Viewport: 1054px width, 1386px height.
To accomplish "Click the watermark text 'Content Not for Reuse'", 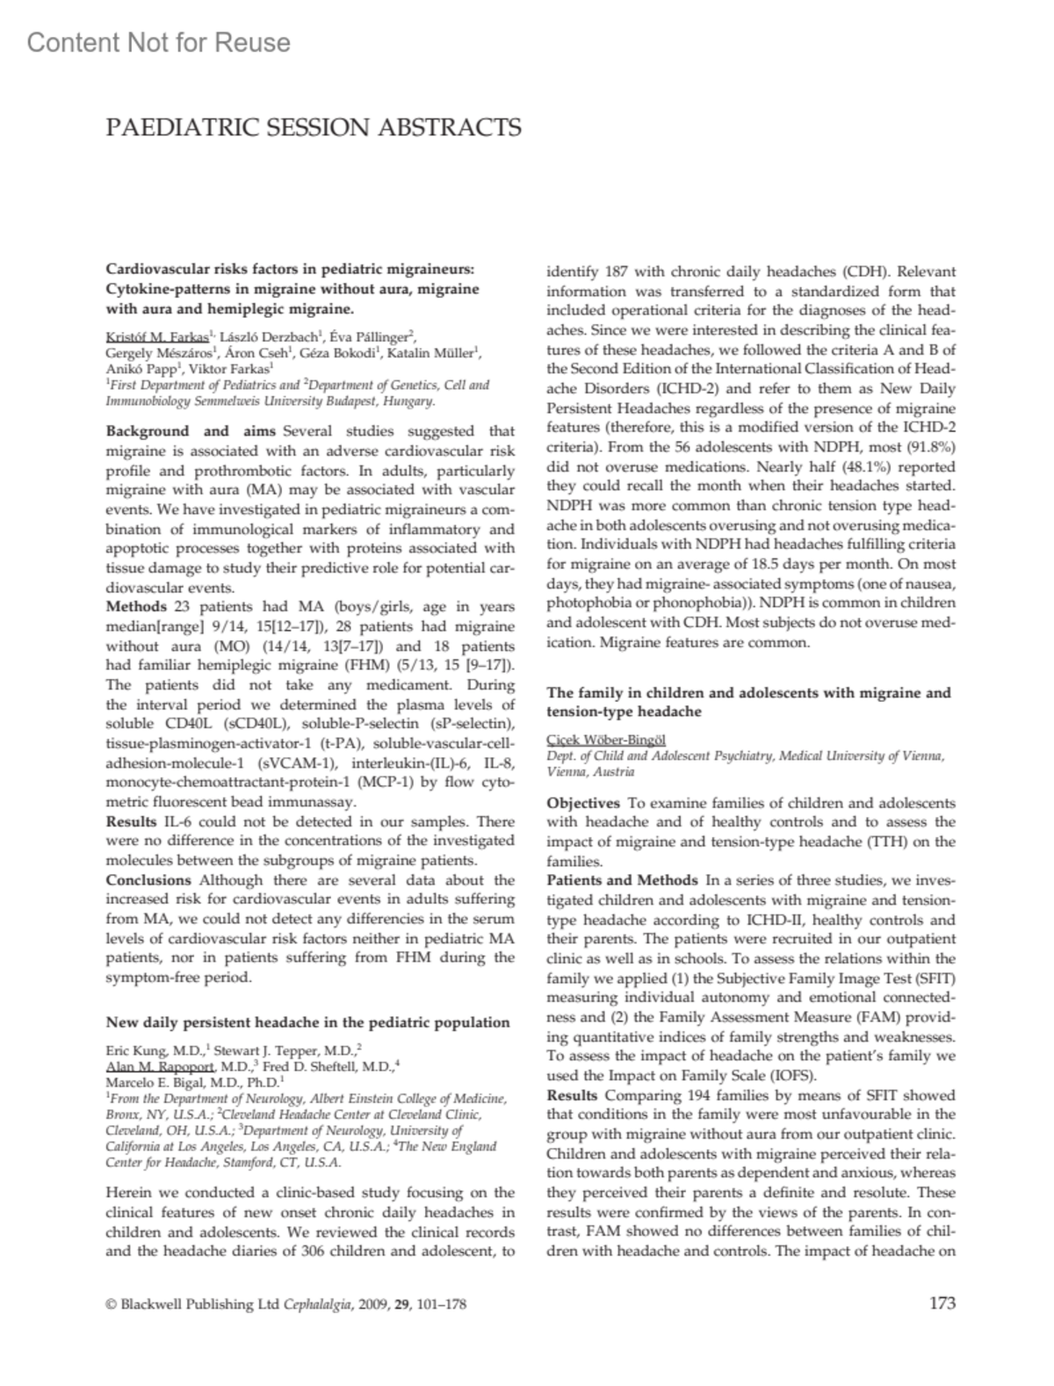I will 159,42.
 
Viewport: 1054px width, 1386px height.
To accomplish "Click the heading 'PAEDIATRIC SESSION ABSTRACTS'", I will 314,128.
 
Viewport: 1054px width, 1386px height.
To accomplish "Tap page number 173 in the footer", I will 942,1303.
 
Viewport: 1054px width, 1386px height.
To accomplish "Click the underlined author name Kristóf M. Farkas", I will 157,336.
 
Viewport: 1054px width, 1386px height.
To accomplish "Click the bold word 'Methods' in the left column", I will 136,607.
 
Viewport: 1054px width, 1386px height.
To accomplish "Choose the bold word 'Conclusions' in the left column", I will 148,880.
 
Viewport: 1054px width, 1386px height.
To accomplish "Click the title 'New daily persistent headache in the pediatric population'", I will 307,1022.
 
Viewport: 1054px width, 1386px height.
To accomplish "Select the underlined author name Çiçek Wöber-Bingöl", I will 605,740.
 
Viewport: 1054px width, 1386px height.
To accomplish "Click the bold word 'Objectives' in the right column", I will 582,803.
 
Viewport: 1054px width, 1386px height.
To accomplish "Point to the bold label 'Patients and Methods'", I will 622,880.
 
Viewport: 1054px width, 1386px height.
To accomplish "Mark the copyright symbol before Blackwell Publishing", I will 111,1304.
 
